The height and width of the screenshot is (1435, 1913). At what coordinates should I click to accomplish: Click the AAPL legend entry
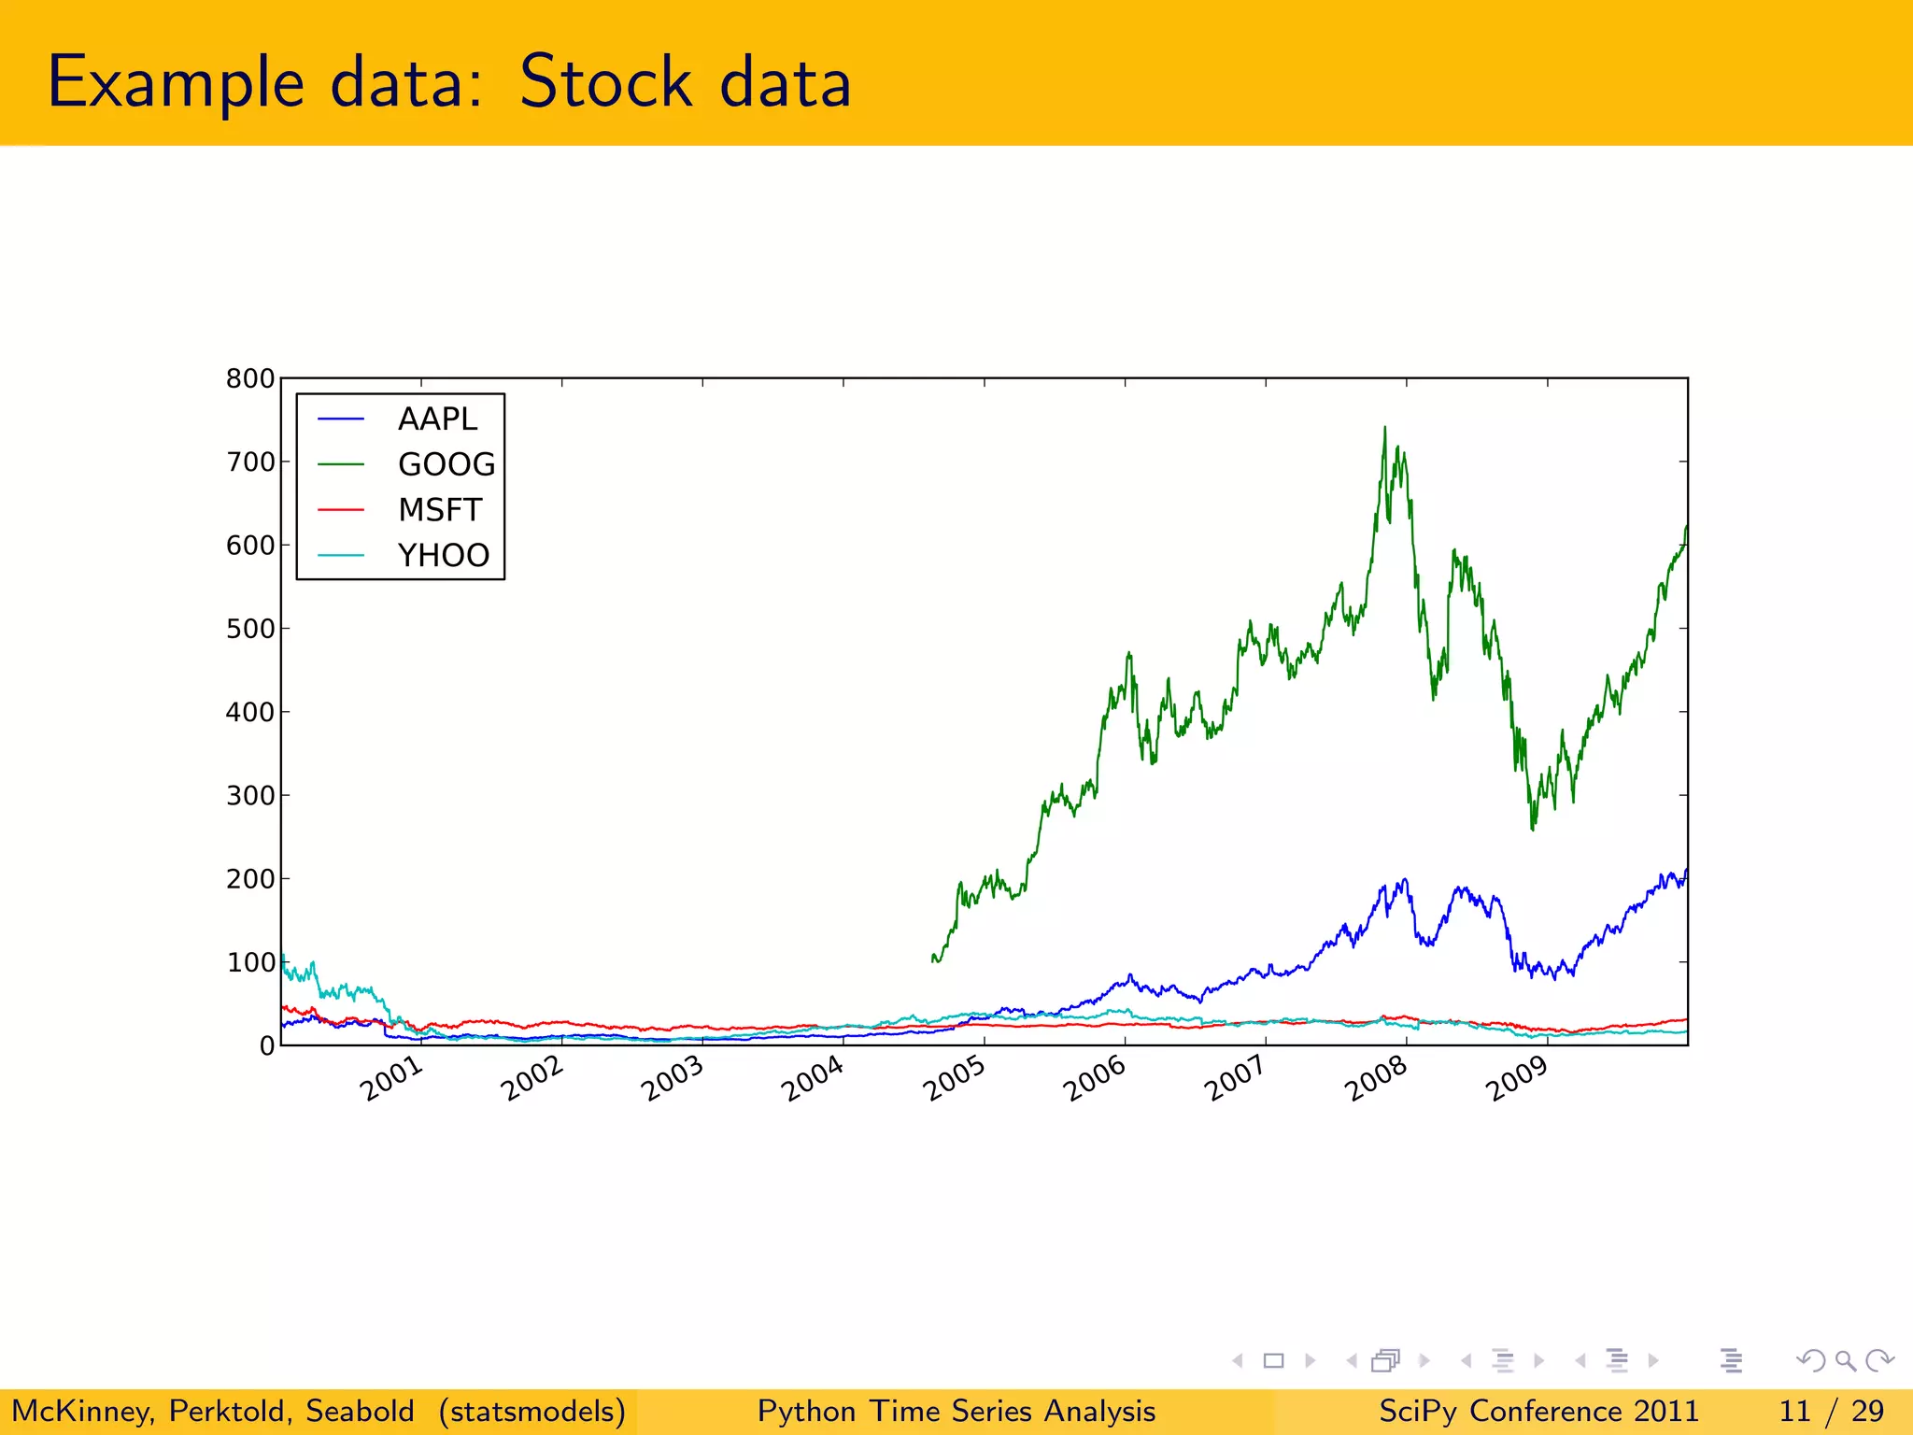pos(436,419)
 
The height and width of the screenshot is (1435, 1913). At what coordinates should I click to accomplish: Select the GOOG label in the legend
pos(446,464)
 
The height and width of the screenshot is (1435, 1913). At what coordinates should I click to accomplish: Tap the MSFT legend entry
pos(439,510)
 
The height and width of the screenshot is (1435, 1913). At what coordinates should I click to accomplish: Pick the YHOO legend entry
pos(443,555)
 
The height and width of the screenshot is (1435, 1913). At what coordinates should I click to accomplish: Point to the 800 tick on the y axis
pos(250,378)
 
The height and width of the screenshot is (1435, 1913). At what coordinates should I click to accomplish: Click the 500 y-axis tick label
pos(250,629)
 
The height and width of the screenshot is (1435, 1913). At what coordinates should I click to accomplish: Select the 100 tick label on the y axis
pos(250,962)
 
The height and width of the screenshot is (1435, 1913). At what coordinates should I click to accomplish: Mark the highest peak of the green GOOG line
pos(1384,429)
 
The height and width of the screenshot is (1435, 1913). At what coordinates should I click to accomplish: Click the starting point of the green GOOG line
pos(933,958)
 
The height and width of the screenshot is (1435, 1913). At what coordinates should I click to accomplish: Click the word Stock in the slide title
pos(605,82)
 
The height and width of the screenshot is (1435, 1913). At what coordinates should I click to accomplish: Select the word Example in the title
pos(176,82)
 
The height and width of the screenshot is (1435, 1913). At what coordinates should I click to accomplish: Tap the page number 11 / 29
pos(1831,1411)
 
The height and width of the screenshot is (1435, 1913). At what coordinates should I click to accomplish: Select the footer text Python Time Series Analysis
pos(956,1411)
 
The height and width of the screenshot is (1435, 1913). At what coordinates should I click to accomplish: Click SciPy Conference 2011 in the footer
pos(1538,1411)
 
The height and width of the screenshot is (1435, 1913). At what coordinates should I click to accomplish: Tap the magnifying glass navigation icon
pos(1845,1360)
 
